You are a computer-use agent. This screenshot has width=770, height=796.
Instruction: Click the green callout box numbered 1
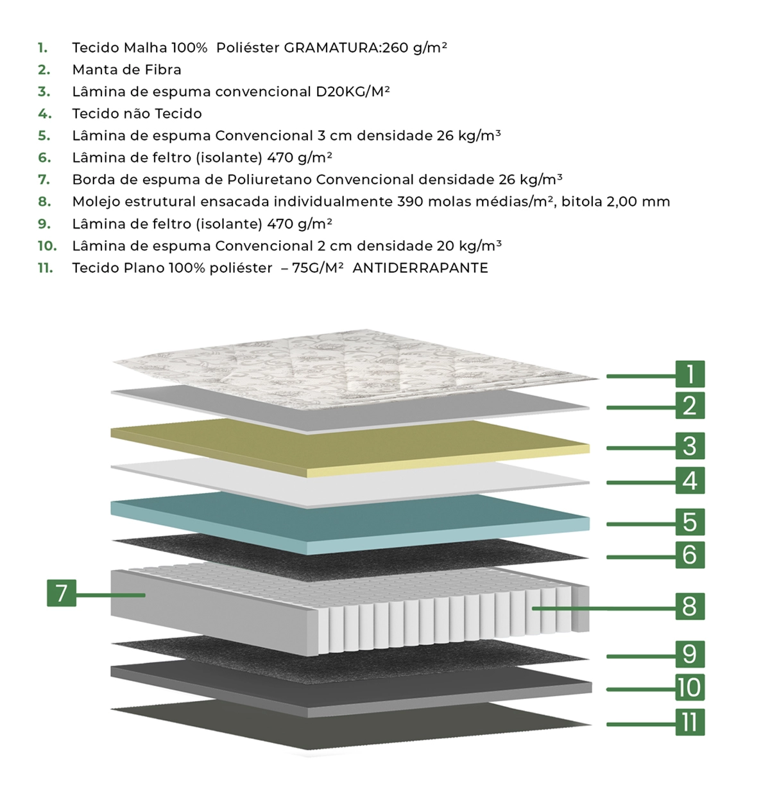[690, 374]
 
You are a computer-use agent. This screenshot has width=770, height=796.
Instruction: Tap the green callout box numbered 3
[690, 446]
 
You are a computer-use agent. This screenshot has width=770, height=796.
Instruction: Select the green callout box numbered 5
[690, 521]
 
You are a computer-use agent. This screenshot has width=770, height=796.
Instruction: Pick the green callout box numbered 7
[62, 593]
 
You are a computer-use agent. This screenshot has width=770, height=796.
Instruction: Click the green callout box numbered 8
[690, 606]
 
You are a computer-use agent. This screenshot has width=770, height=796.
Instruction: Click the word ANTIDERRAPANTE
[420, 268]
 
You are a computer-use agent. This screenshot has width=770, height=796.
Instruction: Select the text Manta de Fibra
[127, 70]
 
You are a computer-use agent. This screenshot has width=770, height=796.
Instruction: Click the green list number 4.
[44, 114]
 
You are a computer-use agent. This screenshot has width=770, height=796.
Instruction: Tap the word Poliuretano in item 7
[269, 180]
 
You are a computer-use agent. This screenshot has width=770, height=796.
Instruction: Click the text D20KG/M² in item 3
[353, 92]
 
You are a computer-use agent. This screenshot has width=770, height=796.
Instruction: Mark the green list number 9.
[44, 224]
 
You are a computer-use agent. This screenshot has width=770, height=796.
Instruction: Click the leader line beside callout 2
[641, 408]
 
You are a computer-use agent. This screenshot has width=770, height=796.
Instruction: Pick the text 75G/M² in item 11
[318, 268]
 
